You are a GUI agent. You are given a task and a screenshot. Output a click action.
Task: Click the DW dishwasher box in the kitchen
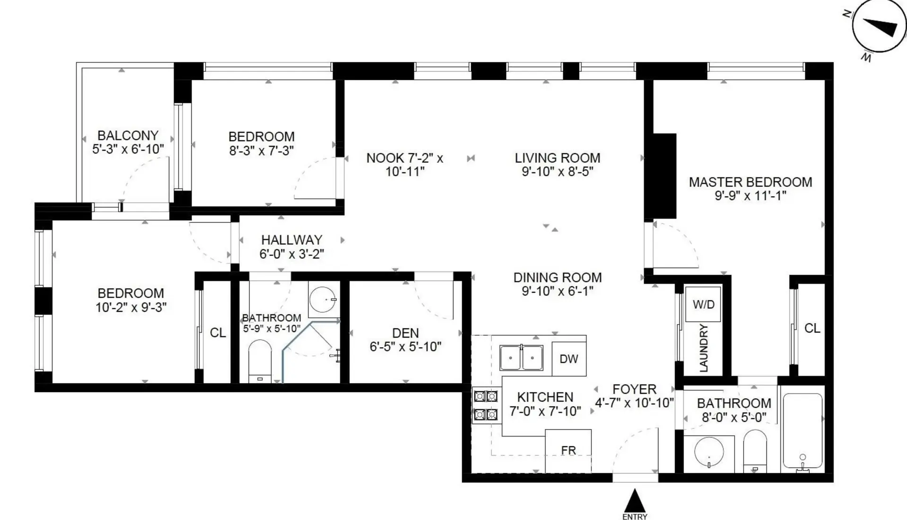569,359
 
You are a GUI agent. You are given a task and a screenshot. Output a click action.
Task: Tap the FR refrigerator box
568,451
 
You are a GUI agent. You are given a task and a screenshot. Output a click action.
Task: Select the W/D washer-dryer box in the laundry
703,305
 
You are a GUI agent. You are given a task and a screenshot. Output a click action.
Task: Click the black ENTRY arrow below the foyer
635,500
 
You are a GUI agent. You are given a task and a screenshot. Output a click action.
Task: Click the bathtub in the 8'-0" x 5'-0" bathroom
803,431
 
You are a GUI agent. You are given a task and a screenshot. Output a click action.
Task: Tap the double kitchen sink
522,358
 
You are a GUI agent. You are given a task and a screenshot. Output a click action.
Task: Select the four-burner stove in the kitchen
486,405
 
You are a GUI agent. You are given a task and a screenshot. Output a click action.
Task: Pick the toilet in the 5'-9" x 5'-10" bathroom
260,360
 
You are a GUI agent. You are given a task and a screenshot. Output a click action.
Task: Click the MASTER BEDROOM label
750,182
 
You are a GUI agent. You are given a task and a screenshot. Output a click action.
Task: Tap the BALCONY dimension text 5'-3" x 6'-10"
128,149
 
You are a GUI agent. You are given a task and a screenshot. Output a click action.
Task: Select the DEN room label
405,333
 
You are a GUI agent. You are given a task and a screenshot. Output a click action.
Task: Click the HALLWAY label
291,240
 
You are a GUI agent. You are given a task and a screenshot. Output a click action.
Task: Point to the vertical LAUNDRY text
704,348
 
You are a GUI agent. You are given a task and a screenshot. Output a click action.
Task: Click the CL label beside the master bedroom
812,328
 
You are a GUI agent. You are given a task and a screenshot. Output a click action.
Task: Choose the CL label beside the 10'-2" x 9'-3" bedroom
218,333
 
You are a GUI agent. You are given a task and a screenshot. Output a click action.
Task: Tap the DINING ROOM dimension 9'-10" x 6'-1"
557,291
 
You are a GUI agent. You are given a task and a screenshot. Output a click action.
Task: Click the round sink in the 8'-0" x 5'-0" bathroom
709,451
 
